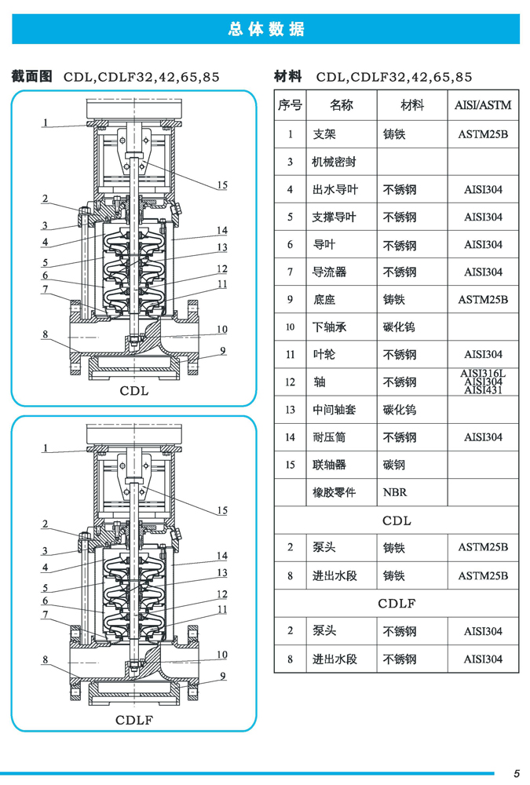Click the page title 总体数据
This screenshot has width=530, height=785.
point(265,29)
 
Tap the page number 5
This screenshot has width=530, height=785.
point(517,771)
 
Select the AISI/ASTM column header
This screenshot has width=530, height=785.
point(483,105)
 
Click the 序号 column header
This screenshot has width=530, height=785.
point(290,105)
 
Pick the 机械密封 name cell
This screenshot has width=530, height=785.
point(334,162)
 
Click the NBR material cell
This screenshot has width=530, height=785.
point(395,493)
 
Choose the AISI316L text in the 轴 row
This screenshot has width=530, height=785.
point(483,374)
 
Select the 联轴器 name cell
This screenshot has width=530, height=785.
point(329,465)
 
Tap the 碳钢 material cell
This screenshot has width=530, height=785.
point(394,465)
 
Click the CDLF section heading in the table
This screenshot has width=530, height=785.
point(397,604)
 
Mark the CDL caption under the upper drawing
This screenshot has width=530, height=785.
point(133,390)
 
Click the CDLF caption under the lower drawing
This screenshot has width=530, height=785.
point(133,719)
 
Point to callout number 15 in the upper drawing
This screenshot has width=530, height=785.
point(222,185)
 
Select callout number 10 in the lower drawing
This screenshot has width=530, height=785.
point(222,655)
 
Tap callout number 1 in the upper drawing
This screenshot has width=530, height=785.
point(46,122)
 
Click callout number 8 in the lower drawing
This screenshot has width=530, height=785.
point(46,660)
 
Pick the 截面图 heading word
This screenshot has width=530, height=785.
point(31,76)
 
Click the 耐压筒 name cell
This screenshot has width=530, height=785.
point(329,437)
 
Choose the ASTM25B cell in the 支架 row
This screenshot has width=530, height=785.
point(483,134)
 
